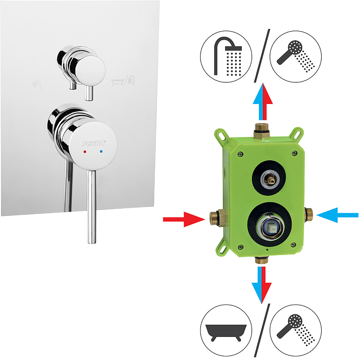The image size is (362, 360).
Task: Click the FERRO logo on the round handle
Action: click(94, 144)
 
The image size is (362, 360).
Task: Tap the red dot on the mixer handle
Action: click(85, 152)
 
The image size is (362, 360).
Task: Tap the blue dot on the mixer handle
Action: click(101, 152)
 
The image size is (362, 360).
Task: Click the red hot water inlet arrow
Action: click(184, 219)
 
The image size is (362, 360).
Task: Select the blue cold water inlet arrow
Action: click(337, 215)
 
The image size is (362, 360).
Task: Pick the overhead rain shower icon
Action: click(226, 57)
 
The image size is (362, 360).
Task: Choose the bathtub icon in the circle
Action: click(226, 330)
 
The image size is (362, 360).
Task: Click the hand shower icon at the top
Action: click(296, 57)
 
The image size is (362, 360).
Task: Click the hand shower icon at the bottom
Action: click(296, 330)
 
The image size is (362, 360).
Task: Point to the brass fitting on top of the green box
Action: click(262, 131)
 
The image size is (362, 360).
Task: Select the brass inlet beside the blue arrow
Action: click(309, 215)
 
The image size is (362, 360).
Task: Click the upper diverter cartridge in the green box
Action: click(269, 179)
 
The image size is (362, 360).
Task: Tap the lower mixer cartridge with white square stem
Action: click(269, 227)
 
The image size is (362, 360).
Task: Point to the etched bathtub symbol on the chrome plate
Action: click(117, 82)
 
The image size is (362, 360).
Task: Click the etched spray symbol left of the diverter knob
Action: click(37, 84)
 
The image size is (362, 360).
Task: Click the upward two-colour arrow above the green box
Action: click(263, 102)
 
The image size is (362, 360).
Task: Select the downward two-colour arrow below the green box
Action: click(261, 285)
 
